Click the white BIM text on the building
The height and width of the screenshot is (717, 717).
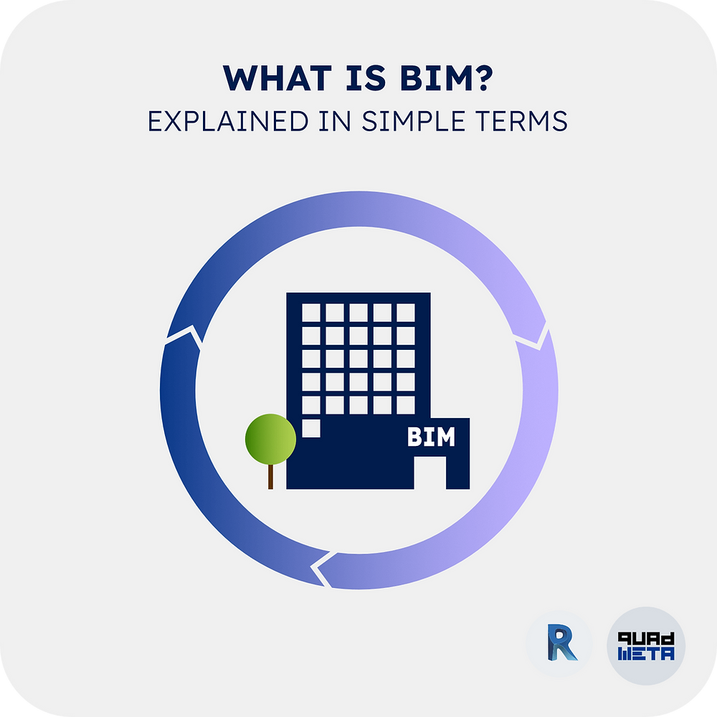pyautogui.click(x=431, y=437)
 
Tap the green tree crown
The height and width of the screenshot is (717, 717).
pyautogui.click(x=270, y=439)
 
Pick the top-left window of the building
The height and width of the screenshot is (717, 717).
pyautogui.click(x=310, y=313)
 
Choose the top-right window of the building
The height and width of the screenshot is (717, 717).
pyautogui.click(x=406, y=313)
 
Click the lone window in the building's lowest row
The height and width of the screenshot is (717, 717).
pyautogui.click(x=310, y=427)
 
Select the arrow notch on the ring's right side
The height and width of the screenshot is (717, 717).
pyautogui.click(x=534, y=339)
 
